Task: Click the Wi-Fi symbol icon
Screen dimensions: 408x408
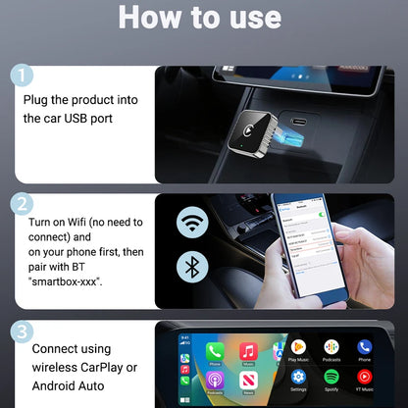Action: [192, 224]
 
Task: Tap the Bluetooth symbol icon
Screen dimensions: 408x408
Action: [192, 268]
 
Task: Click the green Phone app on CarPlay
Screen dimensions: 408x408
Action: [216, 351]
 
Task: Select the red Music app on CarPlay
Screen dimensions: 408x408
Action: [248, 351]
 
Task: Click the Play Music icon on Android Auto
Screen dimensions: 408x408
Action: [298, 348]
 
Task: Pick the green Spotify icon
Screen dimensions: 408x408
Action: [331, 377]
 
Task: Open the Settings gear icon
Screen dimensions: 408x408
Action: [298, 377]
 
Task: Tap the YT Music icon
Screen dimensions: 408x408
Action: [365, 377]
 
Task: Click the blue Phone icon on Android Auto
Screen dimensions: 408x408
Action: [365, 348]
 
